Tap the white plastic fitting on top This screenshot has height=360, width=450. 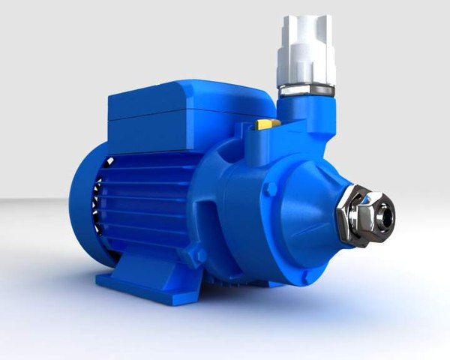[307, 52]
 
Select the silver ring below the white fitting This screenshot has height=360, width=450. [307, 89]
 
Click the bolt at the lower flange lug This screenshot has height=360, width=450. [200, 256]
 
